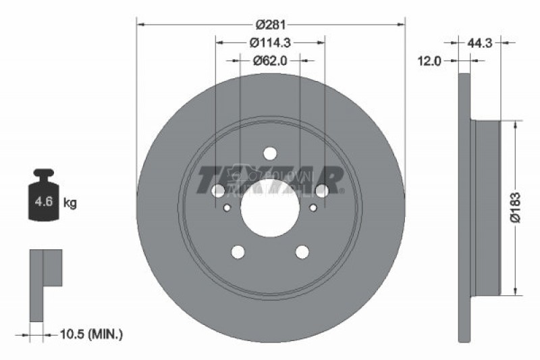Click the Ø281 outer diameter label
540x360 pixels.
[x=270, y=25]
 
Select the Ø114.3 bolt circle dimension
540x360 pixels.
[x=269, y=43]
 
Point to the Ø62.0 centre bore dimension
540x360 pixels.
[x=270, y=60]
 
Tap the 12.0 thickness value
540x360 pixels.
[x=429, y=61]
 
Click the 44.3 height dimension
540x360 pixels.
[x=481, y=42]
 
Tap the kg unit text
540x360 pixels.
[x=70, y=203]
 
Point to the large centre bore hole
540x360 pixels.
[x=270, y=207]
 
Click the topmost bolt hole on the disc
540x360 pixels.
[x=270, y=153]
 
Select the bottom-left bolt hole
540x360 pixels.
[x=238, y=252]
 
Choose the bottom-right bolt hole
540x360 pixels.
[x=302, y=252]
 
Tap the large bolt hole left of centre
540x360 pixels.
[x=218, y=191]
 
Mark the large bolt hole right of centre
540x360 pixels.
[x=322, y=191]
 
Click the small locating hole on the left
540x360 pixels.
[x=227, y=207]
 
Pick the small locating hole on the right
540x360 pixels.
[x=313, y=207]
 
